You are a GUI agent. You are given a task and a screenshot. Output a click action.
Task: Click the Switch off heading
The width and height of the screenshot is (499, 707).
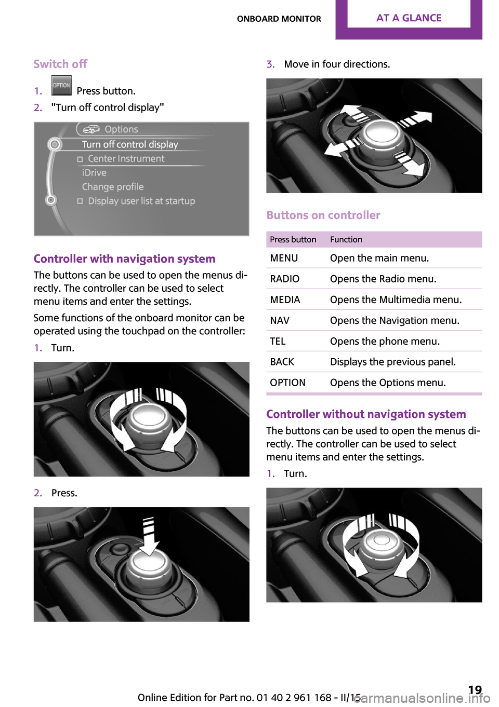tap(60, 64)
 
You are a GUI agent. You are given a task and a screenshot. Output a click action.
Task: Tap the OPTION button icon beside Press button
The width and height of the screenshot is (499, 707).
tap(61, 86)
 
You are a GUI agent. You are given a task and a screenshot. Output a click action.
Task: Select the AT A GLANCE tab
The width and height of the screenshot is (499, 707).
tap(409, 18)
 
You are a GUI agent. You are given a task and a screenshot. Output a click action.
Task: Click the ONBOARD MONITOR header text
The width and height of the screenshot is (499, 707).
tap(279, 19)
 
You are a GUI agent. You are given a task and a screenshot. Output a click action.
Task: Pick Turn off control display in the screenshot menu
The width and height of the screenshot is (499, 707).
tap(130, 144)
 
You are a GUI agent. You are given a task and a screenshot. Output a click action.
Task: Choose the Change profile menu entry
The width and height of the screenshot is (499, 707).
tap(113, 187)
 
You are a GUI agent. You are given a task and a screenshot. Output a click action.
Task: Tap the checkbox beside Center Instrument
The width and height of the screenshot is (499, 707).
tap(80, 159)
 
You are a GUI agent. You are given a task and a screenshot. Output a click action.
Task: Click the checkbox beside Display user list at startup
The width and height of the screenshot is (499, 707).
tap(80, 201)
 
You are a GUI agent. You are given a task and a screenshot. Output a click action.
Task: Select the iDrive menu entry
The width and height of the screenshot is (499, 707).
tap(94, 173)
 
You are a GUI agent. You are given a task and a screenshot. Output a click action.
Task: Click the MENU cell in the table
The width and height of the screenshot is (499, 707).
tap(284, 258)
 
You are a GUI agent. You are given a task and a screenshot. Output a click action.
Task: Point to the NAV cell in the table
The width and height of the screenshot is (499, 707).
tap(280, 320)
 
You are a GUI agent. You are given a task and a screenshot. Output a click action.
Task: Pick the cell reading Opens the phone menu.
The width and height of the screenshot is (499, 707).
tap(385, 341)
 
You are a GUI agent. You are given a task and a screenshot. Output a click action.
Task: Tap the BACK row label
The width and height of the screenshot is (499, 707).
tap(282, 362)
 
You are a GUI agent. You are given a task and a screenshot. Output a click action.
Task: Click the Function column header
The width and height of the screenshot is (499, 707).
tap(346, 239)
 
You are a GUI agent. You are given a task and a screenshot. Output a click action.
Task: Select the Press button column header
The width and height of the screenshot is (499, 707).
tap(293, 239)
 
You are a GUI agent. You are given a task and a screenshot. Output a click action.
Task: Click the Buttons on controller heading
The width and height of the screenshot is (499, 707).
tap(323, 215)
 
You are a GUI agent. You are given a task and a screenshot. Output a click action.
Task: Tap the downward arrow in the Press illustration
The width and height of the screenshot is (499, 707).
tap(150, 540)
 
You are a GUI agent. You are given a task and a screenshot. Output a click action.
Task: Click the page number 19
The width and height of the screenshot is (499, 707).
tap(475, 690)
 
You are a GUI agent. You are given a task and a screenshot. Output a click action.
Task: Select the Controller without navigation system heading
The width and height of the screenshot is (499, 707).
tap(366, 414)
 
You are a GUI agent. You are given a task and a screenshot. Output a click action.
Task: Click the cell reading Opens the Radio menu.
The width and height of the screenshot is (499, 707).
tap(383, 279)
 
